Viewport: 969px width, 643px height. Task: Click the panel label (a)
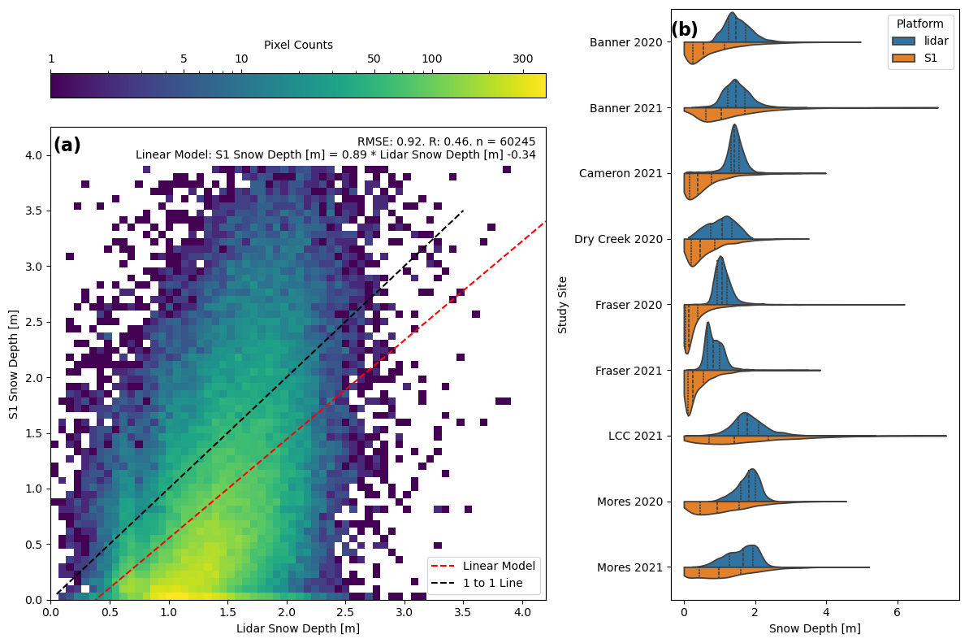point(67,146)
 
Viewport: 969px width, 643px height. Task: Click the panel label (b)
point(684,30)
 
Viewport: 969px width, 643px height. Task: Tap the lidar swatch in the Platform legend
point(903,40)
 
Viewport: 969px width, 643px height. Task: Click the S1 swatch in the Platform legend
point(903,58)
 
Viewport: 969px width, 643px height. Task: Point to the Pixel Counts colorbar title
point(298,46)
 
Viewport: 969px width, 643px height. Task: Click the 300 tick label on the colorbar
point(522,59)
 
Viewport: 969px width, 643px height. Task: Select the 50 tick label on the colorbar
point(374,59)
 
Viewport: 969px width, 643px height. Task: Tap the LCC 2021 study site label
point(638,436)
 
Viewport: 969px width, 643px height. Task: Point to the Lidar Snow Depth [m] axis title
point(298,628)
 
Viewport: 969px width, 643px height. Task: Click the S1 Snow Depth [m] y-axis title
point(14,363)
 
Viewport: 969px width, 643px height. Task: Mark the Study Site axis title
point(563,305)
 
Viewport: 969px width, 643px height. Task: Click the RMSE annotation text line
point(446,141)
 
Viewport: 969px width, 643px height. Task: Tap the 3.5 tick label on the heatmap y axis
point(33,211)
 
